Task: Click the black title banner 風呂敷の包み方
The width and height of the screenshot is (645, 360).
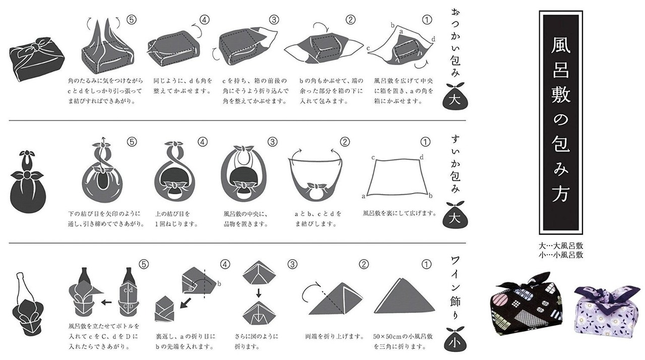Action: (x=561, y=123)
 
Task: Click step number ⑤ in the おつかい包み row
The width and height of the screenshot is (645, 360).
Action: (x=132, y=20)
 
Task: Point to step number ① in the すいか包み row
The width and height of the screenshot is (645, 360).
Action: (x=425, y=142)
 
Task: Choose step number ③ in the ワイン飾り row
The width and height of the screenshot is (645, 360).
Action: (x=292, y=264)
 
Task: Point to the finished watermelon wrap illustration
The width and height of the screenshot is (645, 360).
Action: (x=27, y=182)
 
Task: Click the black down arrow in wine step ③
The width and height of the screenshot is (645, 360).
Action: (x=259, y=293)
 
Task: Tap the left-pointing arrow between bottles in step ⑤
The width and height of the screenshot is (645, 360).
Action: (x=106, y=303)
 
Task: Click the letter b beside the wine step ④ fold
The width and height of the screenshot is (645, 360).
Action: (x=219, y=284)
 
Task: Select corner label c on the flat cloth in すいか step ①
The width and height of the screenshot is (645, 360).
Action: (x=373, y=157)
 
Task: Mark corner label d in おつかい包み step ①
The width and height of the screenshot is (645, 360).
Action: (x=433, y=39)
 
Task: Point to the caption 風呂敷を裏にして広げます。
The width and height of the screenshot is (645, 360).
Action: (x=400, y=213)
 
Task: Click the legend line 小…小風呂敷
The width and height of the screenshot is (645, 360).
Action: (x=561, y=255)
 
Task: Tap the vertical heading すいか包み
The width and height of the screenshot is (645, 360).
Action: (x=455, y=164)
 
